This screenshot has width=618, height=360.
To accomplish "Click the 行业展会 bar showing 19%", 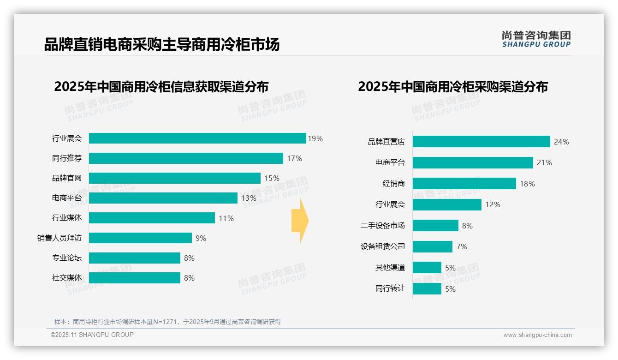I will (197, 138).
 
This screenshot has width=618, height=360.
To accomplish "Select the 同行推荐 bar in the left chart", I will (186, 158).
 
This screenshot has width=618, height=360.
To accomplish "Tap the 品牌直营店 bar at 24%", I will (481, 142).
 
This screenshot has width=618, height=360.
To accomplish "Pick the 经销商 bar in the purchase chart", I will (464, 184).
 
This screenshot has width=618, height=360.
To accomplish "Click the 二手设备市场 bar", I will (435, 226).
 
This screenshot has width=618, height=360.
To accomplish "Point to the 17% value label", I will (294, 158).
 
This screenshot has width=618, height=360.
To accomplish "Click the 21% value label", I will (544, 162).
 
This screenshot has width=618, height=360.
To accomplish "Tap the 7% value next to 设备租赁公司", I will (462, 246).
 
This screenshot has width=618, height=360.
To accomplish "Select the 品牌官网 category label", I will (67, 178).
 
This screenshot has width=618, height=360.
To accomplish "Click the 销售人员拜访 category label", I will (59, 238).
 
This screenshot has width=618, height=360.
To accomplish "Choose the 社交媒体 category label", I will (67, 278).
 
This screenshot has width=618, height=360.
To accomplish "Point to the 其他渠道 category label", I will (390, 268).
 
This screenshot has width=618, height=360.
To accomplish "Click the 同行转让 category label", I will (390, 289).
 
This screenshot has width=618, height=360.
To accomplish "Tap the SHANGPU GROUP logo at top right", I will (536, 39).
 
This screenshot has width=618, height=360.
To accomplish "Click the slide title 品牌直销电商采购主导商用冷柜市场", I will (161, 45).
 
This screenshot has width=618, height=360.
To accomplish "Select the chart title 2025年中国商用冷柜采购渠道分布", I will (452, 87).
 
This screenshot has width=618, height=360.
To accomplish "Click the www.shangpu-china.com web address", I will (537, 335).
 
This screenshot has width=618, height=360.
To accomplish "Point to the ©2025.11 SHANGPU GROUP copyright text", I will (92, 335).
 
